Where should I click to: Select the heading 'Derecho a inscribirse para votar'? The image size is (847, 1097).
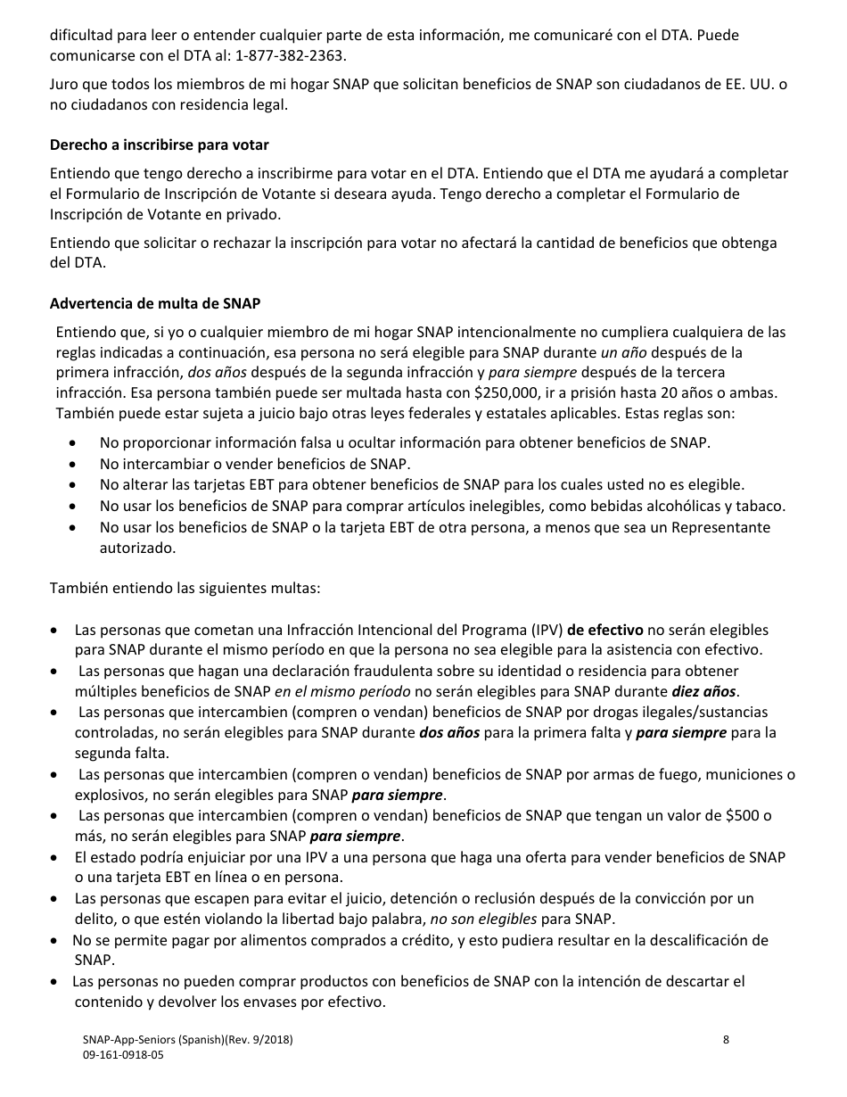point(159,144)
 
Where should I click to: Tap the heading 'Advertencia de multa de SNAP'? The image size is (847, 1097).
point(155,303)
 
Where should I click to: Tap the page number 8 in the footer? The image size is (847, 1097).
point(726,1040)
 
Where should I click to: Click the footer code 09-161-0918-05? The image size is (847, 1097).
point(123,1054)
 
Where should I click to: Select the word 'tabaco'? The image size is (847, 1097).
point(764,506)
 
